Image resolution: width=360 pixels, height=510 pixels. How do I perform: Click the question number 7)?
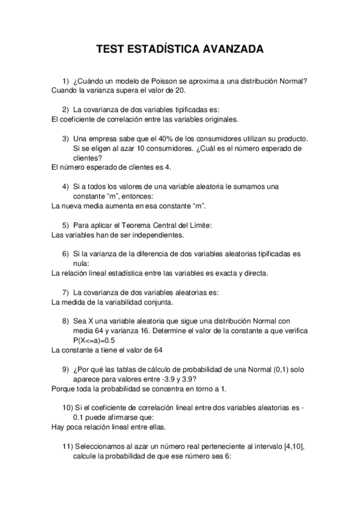click(x=66, y=292)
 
